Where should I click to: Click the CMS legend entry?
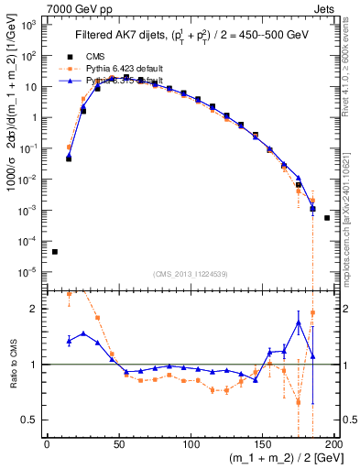click(98, 55)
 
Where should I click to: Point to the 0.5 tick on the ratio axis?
click(33, 420)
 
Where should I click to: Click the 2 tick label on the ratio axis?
click(37, 309)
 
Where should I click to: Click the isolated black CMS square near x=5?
click(55, 251)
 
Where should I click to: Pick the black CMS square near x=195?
click(327, 218)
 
